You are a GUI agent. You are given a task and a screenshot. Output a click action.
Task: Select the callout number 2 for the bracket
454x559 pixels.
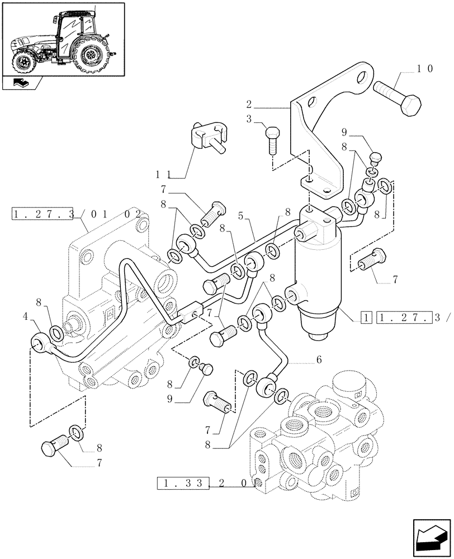(250, 104)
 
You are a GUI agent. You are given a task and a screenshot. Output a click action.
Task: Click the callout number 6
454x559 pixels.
(319, 360)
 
